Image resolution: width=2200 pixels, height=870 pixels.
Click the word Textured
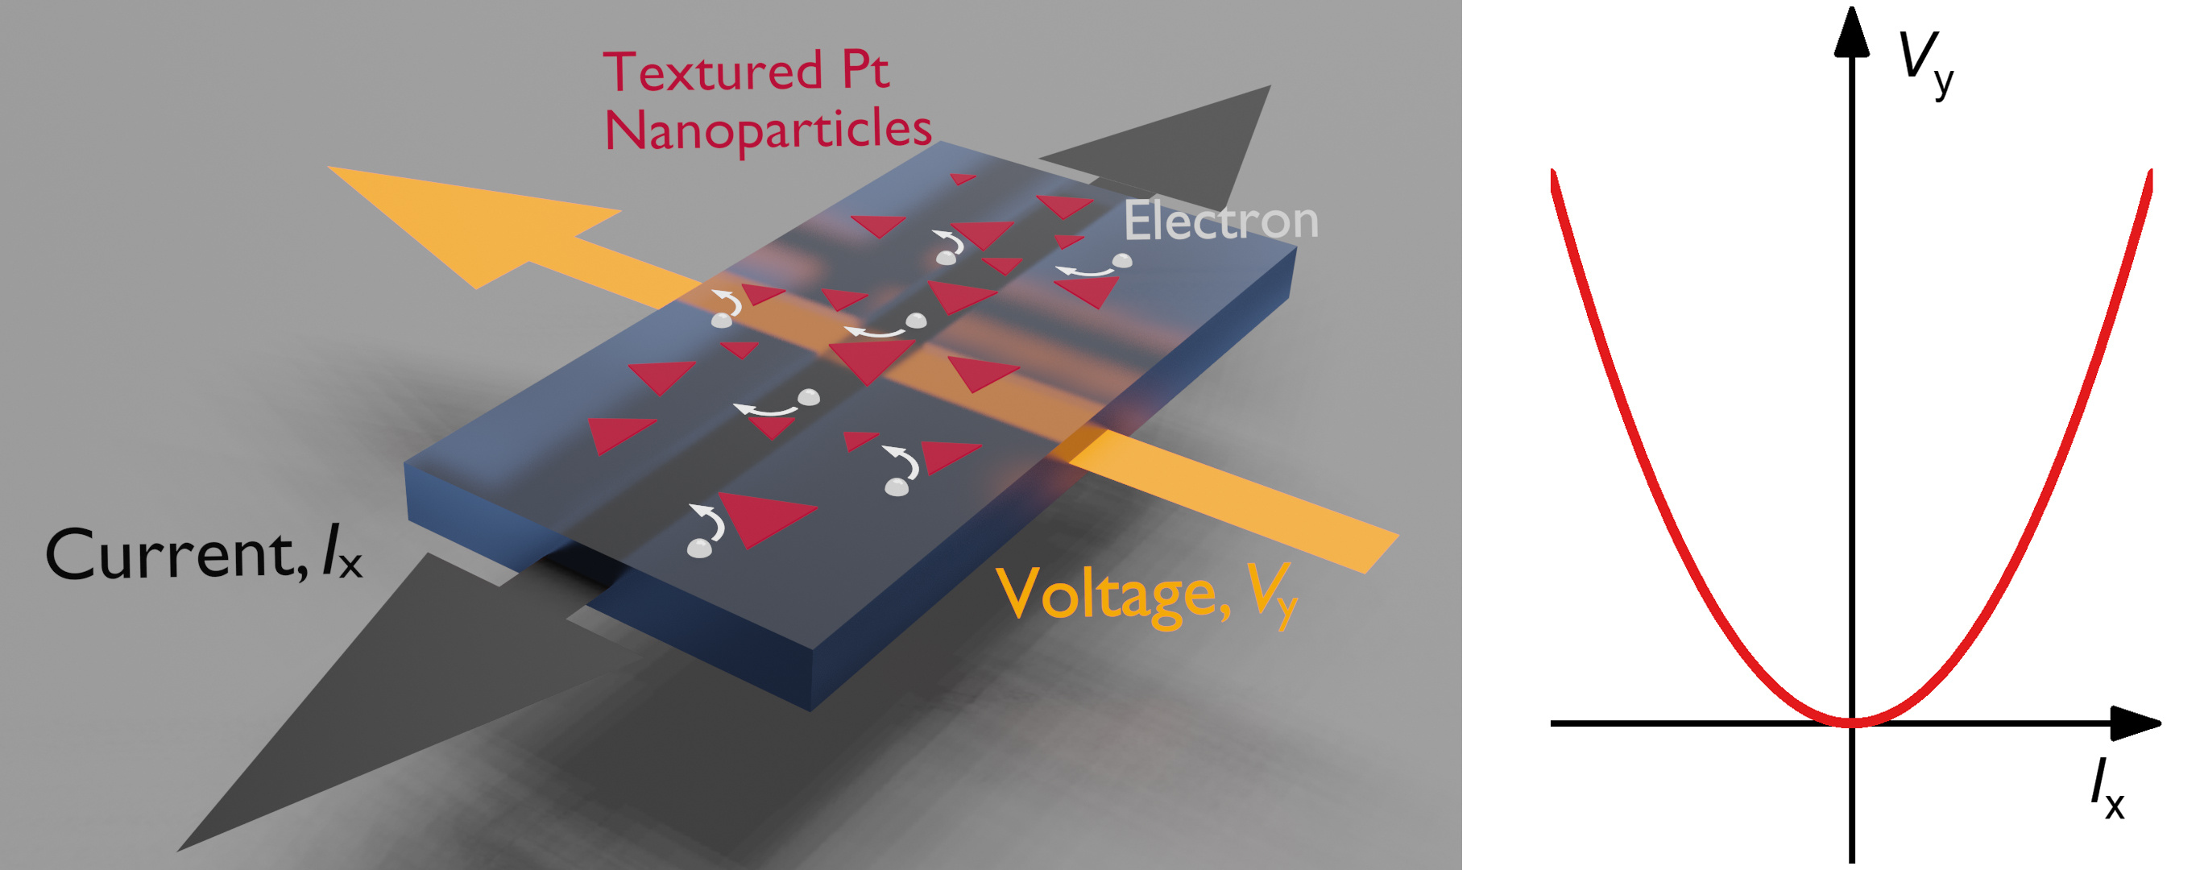coord(712,72)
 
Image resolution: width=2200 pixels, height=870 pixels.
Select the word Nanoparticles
coord(768,131)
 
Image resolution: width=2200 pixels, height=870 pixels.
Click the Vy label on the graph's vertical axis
coord(1926,64)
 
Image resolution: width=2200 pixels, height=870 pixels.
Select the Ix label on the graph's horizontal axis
coord(2107,789)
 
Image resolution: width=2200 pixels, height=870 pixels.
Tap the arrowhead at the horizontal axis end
coord(2135,723)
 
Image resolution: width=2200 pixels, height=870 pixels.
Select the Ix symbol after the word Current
coord(342,555)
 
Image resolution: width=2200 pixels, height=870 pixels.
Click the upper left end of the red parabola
coord(1553,173)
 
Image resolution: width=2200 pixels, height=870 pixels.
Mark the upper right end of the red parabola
coord(2148,173)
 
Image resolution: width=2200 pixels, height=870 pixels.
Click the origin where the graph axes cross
coord(1851,723)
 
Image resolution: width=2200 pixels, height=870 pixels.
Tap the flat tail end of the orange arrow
coord(1382,554)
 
